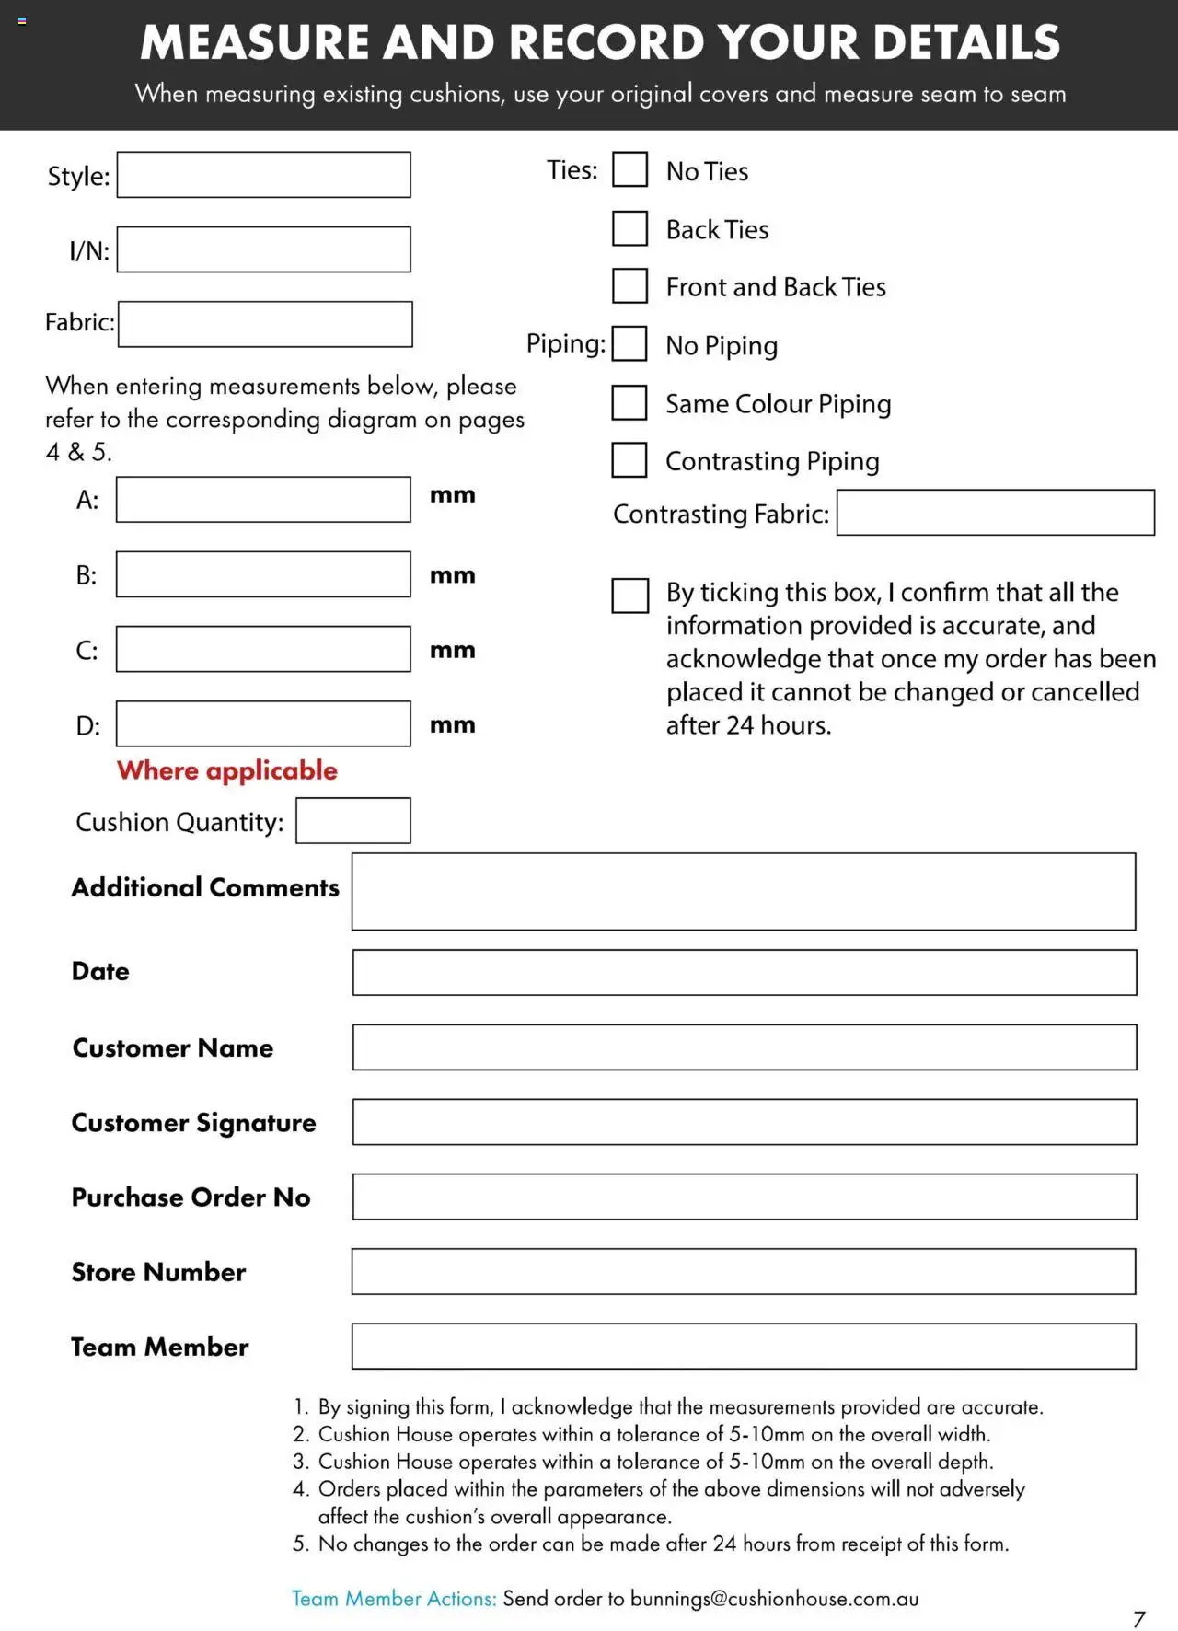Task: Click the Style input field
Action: (263, 175)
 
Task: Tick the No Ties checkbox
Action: (629, 170)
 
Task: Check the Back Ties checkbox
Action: (629, 228)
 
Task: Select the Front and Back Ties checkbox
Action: (629, 286)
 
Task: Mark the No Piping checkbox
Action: (629, 344)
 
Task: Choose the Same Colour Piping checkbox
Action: (629, 402)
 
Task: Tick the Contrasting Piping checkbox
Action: (629, 460)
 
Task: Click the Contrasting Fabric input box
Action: (995, 513)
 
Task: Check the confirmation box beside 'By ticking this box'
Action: (629, 596)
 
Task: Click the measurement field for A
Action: (263, 500)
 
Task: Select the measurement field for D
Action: (263, 724)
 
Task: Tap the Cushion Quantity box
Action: (352, 820)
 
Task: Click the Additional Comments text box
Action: (744, 891)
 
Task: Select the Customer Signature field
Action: (744, 1122)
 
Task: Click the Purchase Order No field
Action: (744, 1197)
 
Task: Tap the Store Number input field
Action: (744, 1271)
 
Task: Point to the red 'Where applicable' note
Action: (227, 770)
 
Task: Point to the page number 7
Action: (1139, 1619)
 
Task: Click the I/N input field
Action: (263, 249)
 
